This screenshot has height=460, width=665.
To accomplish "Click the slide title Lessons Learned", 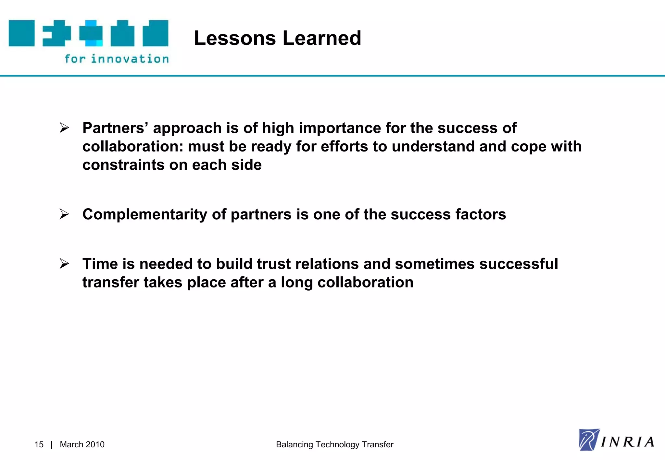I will point(277,38).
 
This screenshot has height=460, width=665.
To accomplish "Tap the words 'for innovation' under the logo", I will point(117,59).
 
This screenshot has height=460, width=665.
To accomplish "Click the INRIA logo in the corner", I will point(616,440).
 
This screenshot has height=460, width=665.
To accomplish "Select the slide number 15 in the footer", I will point(39,444).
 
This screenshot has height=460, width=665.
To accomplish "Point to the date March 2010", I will point(82,444).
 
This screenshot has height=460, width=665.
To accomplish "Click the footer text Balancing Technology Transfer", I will point(334,444).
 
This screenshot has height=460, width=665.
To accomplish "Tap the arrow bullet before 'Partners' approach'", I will point(64,128).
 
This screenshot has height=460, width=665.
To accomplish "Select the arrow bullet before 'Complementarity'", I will point(64,214).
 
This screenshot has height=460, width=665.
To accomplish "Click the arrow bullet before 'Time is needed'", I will point(64,264).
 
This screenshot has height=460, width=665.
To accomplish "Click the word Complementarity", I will point(144,214).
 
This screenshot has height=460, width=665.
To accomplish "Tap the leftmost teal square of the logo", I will point(21,33).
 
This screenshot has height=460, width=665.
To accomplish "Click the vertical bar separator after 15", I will point(52,445).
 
